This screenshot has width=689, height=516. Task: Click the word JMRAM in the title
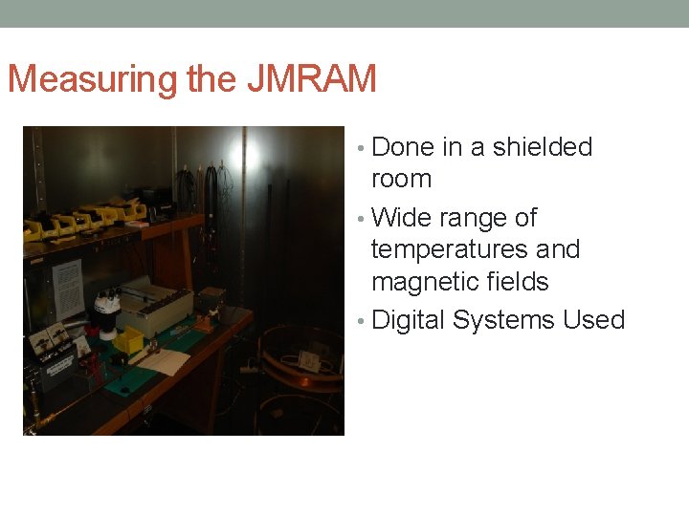pos(311,78)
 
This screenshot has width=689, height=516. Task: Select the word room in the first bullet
pos(401,179)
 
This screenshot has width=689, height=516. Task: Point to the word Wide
pos(401,218)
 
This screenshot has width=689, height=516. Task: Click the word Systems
pos(503,319)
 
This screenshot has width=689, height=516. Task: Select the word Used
pos(593,319)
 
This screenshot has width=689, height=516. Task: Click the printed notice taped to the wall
pos(67,288)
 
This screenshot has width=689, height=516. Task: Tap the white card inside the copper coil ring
pos(309,360)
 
